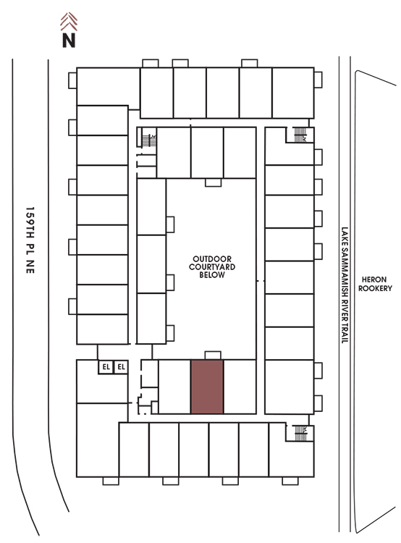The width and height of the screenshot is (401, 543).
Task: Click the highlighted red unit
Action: [x=207, y=387]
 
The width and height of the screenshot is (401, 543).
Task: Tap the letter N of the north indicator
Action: [x=69, y=40]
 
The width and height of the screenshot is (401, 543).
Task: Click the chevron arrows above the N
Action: [x=69, y=22]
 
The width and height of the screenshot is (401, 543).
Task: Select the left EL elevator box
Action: [x=106, y=367]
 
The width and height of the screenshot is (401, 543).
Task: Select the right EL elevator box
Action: [x=121, y=367]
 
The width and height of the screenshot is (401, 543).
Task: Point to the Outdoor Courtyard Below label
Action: [x=212, y=266]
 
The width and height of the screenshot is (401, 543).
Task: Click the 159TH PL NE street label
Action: [x=30, y=240]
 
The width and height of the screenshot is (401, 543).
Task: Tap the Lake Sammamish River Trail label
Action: [x=345, y=285]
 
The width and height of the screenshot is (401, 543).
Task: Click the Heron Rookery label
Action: [x=375, y=284]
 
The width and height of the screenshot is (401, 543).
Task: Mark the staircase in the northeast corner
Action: [x=300, y=135]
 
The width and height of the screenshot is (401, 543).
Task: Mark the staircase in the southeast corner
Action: [x=300, y=433]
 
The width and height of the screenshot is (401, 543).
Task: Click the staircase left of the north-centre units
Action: [x=148, y=140]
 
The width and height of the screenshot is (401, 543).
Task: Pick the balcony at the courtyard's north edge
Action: [x=213, y=182]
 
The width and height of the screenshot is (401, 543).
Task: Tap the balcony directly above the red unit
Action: [x=213, y=355]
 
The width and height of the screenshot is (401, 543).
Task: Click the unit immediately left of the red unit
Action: [x=174, y=387]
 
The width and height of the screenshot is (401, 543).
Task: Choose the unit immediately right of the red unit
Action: [x=240, y=387]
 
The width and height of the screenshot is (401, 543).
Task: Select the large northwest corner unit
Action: [x=108, y=86]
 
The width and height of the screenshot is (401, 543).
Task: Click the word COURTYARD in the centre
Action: [x=212, y=266]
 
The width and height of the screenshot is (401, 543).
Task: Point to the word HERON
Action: [x=374, y=279]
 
